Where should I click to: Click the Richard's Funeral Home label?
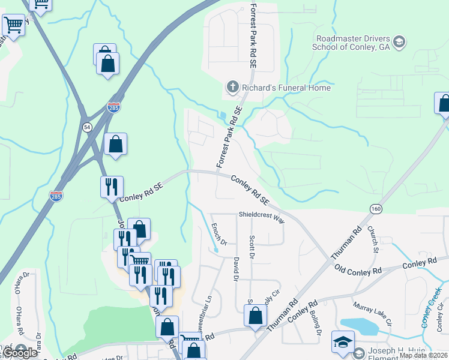point(286,88)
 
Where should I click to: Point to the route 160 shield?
point(376,208)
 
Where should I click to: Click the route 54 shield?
point(88,127)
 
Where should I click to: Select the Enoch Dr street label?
point(219,233)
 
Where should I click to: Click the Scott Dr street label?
point(252,247)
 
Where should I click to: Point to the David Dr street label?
point(236,269)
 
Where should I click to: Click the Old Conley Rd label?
point(358,270)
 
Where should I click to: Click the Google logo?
point(20,353)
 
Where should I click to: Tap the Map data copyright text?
point(423,355)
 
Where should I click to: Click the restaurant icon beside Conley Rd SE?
point(112,187)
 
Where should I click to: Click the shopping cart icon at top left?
point(13,26)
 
